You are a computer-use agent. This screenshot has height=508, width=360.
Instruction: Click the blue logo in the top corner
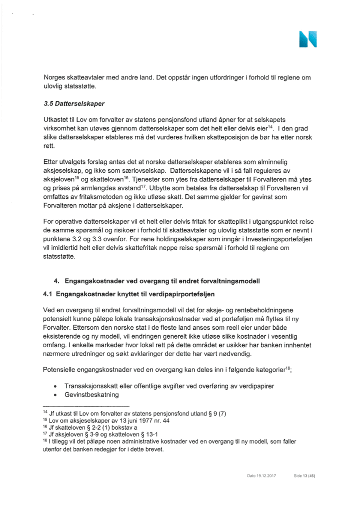tap(307, 39)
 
